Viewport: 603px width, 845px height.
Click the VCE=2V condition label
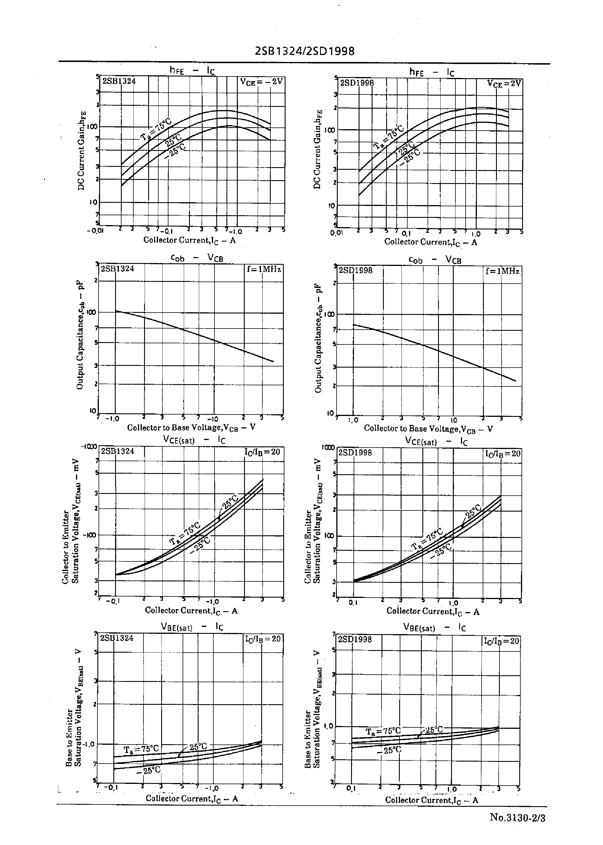504,84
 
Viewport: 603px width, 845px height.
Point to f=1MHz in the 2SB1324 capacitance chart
264,269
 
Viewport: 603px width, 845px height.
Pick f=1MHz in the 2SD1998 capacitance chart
502,271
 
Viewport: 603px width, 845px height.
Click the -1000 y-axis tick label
90,447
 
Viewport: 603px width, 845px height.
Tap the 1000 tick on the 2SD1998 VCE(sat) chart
328,448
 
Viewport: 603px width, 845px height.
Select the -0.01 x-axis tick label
95,231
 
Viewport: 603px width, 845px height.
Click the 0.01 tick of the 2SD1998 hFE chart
336,233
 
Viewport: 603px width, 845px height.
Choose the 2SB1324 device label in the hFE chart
119,81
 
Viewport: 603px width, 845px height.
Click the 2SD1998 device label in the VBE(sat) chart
355,639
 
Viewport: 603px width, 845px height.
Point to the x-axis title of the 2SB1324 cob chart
191,428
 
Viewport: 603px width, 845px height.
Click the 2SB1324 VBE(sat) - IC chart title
192,627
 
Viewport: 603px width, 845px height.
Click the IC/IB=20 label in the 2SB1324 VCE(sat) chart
262,452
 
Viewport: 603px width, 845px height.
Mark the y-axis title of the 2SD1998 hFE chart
317,149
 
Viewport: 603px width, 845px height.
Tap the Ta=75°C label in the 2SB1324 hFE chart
156,130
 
